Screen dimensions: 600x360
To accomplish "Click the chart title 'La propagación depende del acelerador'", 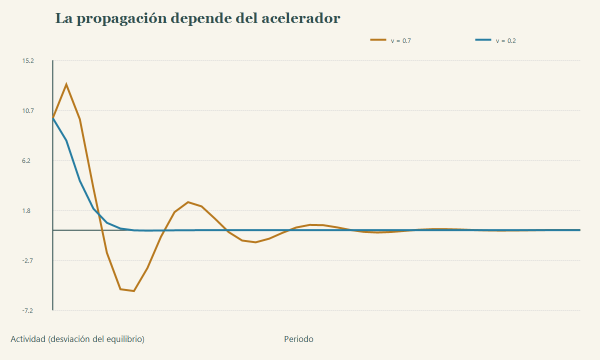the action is [x=197, y=19].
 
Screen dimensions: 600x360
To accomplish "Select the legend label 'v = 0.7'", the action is [x=400, y=40].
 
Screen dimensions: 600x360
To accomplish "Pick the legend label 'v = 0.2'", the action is [x=505, y=40].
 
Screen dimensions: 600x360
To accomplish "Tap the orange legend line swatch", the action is [x=378, y=39].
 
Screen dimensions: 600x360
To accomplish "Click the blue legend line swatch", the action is [x=483, y=39].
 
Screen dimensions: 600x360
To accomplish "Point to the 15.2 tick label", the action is [x=28, y=61].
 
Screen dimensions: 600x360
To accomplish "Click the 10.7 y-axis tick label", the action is [x=28, y=110].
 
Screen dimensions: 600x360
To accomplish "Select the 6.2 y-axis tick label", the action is [x=26, y=160].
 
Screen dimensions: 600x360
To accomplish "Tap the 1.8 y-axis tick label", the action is [x=26, y=211].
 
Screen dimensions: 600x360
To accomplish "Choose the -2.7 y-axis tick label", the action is [x=27, y=260].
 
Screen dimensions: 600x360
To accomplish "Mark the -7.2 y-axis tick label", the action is [x=27, y=310].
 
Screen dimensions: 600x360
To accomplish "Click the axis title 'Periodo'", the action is [x=298, y=339].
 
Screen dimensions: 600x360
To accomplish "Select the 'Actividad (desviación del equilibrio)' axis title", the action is [x=77, y=339].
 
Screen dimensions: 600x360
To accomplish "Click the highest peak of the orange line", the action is [x=66, y=84].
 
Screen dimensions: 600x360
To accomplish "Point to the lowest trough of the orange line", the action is [x=133, y=291].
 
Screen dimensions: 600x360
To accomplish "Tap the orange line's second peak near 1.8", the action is [x=188, y=202].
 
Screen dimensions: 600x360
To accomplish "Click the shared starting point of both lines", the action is [x=53, y=118].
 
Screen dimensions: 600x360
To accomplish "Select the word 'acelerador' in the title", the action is [x=301, y=18].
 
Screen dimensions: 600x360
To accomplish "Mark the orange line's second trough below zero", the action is [x=255, y=242].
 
